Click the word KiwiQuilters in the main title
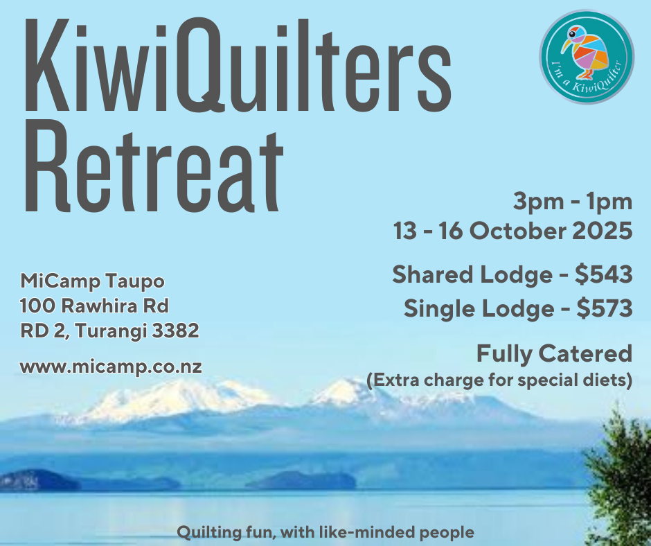235,67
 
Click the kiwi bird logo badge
586,57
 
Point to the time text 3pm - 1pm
572,203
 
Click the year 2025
602,231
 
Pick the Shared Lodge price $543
604,275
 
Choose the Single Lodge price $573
604,308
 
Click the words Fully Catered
553,354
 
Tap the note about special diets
499,380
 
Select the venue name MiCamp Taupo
93,281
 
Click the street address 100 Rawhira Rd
94,306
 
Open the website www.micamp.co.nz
111,367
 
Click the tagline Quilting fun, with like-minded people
325,532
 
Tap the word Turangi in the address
110,331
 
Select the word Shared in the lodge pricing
436,275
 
